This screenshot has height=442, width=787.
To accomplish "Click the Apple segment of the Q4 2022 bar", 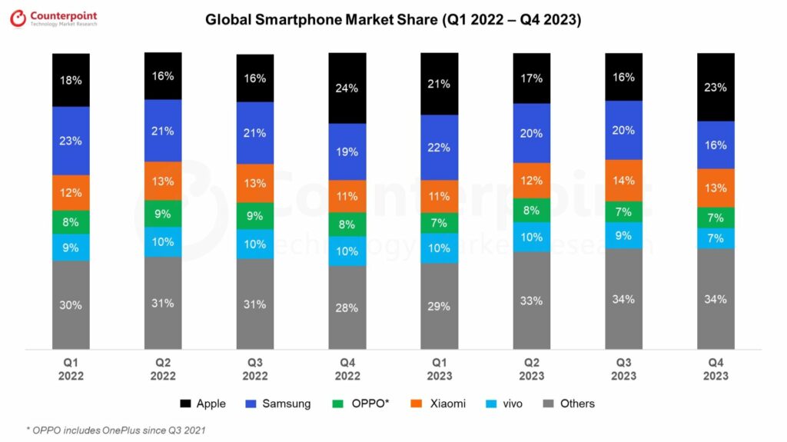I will [x=347, y=88].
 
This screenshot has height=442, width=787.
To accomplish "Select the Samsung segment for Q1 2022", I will [x=71, y=141].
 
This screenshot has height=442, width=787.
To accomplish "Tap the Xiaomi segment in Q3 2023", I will [x=623, y=181].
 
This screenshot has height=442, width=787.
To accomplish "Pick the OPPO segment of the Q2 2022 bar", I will [x=163, y=214].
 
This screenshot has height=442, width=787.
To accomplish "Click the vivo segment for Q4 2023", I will [x=716, y=238].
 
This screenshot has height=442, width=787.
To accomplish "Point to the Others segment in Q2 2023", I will [x=531, y=300].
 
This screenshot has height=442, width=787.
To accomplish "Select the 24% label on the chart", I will [x=347, y=88].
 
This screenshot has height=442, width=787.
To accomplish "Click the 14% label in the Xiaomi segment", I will [x=623, y=181].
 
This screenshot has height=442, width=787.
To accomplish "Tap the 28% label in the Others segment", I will [x=347, y=308].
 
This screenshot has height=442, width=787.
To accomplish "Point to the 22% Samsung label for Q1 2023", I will [x=439, y=148].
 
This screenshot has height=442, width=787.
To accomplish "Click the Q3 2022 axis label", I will [x=255, y=370].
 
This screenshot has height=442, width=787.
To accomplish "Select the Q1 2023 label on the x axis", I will [x=439, y=370].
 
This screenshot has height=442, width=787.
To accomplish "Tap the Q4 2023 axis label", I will [x=716, y=370].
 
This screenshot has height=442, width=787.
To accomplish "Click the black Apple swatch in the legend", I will [x=184, y=404].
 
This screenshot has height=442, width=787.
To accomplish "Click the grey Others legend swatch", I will [x=548, y=404].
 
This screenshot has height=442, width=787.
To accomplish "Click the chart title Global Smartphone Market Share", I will [x=393, y=20].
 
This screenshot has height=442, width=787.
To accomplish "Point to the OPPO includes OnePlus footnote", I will [x=115, y=429].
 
